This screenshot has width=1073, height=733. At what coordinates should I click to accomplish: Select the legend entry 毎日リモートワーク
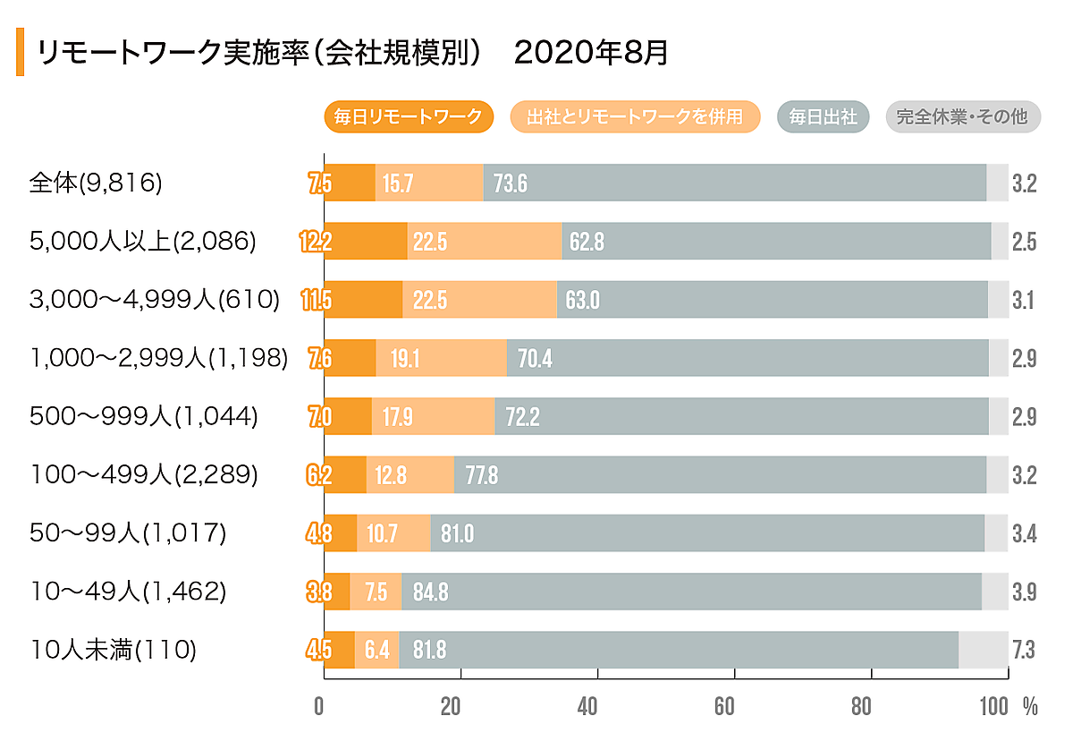click(408, 116)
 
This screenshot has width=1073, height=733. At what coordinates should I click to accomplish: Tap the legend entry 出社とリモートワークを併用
click(634, 116)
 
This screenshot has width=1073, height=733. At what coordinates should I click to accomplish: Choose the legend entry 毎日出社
click(824, 116)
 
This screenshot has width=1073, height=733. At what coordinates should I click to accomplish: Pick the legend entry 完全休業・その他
click(962, 116)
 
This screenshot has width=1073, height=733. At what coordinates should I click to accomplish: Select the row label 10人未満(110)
click(113, 650)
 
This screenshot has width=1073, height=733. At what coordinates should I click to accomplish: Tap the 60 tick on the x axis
click(724, 706)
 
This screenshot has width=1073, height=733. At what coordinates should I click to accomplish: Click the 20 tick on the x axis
click(451, 706)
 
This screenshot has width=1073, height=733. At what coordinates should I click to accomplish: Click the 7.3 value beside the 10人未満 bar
click(1024, 650)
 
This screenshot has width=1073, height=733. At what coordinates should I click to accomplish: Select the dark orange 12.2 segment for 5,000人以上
click(365, 241)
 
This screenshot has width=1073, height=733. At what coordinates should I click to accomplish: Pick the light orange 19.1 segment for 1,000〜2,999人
click(441, 358)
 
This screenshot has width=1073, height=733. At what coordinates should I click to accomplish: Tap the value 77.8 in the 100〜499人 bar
click(481, 475)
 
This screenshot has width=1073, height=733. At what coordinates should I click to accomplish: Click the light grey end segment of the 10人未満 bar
click(983, 650)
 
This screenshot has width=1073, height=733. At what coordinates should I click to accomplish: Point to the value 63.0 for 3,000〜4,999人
click(582, 300)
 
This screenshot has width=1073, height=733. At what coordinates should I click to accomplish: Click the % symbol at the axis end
click(1030, 706)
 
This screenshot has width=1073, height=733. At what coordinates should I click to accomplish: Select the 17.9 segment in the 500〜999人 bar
click(433, 416)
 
